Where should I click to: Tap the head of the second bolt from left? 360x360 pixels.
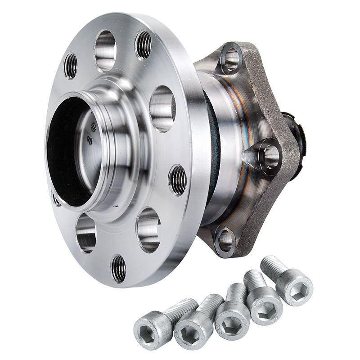[x=193, y=331]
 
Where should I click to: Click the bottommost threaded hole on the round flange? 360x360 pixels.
[x=118, y=269]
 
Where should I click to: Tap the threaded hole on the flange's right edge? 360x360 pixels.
[x=178, y=179]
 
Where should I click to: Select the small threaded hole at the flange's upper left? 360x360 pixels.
[x=71, y=66]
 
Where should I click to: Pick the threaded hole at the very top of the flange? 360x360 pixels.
[x=143, y=45]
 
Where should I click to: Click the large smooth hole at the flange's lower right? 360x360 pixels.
[x=148, y=229]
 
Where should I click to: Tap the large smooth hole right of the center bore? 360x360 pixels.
[x=162, y=108]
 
